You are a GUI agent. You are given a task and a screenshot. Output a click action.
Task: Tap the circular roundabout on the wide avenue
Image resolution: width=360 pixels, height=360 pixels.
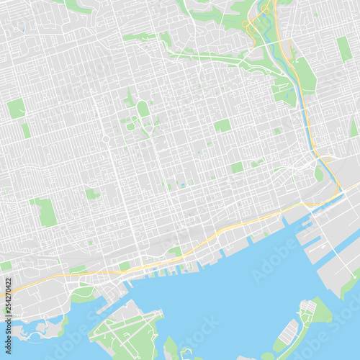click(x=106, y=138)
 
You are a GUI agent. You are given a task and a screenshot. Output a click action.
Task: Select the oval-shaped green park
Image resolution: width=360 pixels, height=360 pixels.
click(x=143, y=108)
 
